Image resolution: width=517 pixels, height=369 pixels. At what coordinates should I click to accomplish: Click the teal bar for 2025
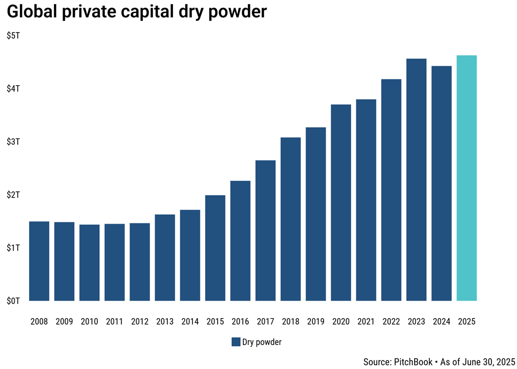[x=467, y=178]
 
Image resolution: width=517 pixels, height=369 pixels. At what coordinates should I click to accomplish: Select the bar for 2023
[x=416, y=180]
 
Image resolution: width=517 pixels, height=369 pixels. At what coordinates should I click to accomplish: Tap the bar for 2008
[x=39, y=261]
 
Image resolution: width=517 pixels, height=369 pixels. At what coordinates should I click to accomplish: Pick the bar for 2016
[x=240, y=241]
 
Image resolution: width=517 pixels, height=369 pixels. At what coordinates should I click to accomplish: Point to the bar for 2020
[x=341, y=203]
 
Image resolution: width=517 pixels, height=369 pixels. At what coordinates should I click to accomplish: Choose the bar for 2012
[x=140, y=262]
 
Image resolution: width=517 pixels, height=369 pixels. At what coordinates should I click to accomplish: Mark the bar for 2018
[x=291, y=219]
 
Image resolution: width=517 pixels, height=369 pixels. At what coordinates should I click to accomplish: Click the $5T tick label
[x=13, y=35]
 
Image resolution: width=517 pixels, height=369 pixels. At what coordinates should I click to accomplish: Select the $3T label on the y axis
[x=13, y=141]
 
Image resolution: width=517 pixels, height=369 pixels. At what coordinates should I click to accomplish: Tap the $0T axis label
[x=13, y=301]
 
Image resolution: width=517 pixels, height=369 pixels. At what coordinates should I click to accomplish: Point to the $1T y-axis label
[x=13, y=248]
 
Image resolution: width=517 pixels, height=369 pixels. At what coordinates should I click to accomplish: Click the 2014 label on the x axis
[x=190, y=321]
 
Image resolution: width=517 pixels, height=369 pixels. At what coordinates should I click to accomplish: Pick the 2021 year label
[x=366, y=321]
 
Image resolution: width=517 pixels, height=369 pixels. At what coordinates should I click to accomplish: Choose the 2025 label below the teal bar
[x=467, y=321]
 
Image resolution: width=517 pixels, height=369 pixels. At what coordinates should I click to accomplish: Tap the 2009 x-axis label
[x=64, y=321]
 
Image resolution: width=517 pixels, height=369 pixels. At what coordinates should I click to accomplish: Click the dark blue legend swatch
[x=236, y=342]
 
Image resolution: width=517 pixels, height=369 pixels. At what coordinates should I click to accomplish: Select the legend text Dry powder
[x=262, y=342]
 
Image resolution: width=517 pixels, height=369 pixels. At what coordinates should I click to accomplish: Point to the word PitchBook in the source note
[x=413, y=362]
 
